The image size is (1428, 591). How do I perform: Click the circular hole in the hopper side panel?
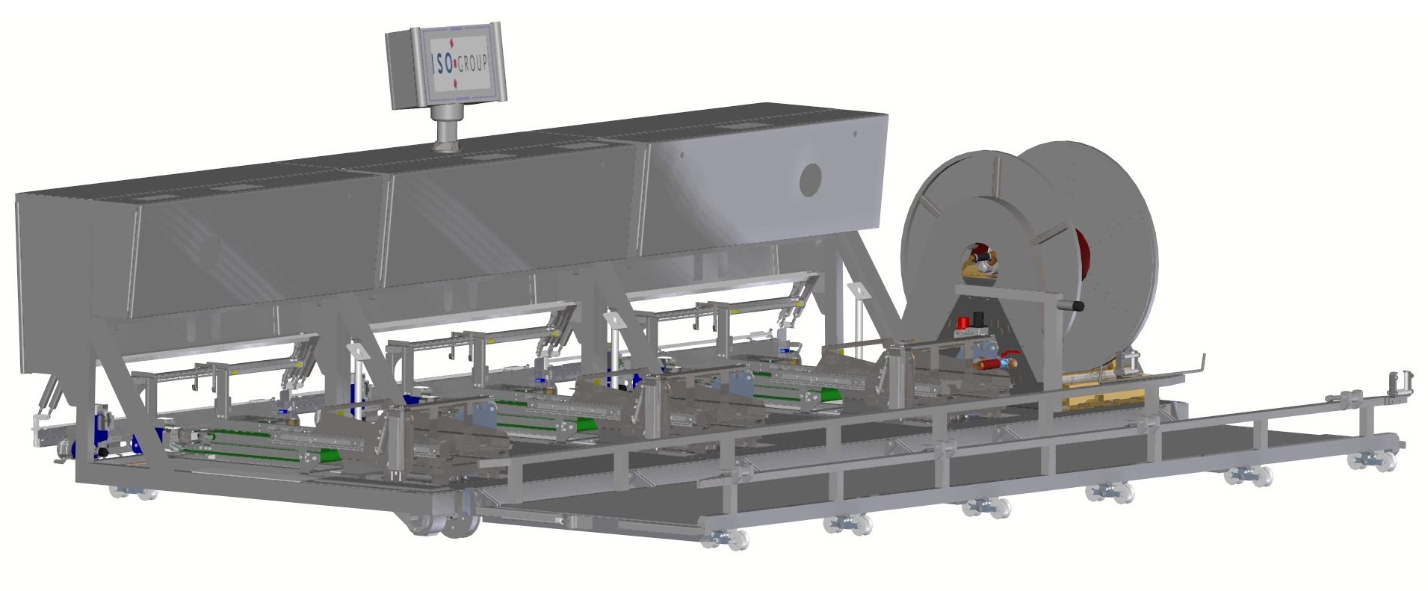tap(809, 179)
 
